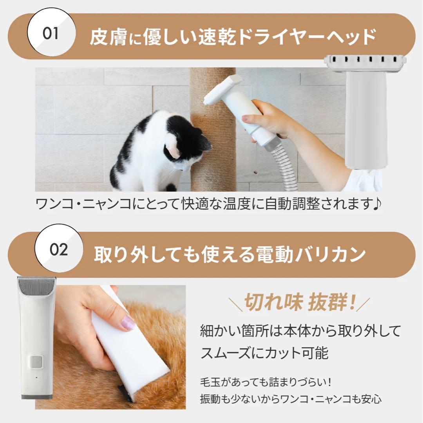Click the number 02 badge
59,249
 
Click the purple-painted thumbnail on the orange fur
128,324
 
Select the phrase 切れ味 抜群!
300,303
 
